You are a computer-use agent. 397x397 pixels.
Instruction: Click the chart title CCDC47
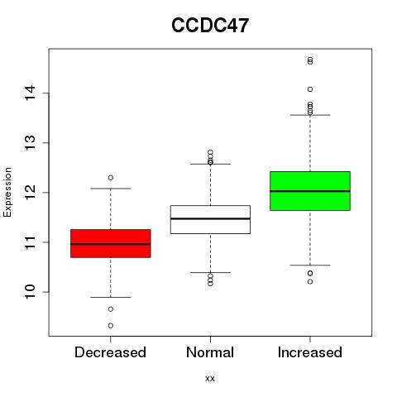pyautogui.click(x=210, y=26)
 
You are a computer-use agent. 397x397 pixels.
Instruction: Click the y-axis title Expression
pyautogui.click(x=7, y=192)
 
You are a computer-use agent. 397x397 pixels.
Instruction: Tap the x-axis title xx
pyautogui.click(x=210, y=378)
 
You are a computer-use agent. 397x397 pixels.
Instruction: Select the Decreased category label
pyautogui.click(x=110, y=352)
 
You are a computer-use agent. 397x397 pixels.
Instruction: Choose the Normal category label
pyautogui.click(x=210, y=352)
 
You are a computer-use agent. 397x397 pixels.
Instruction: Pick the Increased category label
pyautogui.click(x=310, y=352)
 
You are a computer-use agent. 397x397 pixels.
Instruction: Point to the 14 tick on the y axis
pyautogui.click(x=30, y=93)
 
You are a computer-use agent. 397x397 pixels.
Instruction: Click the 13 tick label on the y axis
pyautogui.click(x=30, y=142)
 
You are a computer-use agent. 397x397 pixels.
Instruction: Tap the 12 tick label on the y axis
pyautogui.click(x=30, y=192)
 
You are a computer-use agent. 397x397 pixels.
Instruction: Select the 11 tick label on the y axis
pyautogui.click(x=30, y=242)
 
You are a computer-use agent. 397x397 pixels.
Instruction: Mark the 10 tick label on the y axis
pyautogui.click(x=30, y=292)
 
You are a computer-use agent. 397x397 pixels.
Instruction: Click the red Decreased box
pyautogui.click(x=111, y=243)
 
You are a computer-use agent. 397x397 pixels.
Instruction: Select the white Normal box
pyautogui.click(x=210, y=219)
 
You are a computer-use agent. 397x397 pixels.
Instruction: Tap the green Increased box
pyautogui.click(x=310, y=191)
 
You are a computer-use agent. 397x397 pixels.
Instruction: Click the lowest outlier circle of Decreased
pyautogui.click(x=111, y=326)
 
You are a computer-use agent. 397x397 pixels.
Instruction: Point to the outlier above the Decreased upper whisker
pyautogui.click(x=111, y=178)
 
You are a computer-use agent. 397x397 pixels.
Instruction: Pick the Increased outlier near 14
pyautogui.click(x=310, y=89)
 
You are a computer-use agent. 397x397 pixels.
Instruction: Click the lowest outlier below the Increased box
pyautogui.click(x=310, y=281)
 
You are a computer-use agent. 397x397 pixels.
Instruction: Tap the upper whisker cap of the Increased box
pyautogui.click(x=310, y=115)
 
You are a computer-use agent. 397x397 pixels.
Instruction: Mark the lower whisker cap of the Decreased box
pyautogui.click(x=111, y=297)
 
